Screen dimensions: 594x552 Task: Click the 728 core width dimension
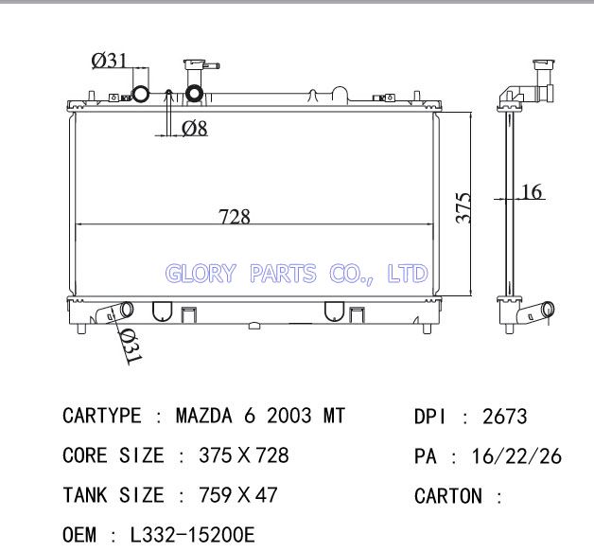[x=235, y=217]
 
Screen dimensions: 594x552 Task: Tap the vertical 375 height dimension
[x=463, y=207]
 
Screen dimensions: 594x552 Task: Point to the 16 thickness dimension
[x=532, y=191]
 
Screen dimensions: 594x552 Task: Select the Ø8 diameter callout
[x=195, y=128]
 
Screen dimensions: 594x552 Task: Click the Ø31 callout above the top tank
[x=110, y=61]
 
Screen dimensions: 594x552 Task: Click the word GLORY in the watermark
[x=201, y=274]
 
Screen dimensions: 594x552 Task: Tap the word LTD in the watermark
[x=408, y=274]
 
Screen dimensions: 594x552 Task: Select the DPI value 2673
[x=504, y=417]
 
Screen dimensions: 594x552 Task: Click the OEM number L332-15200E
[x=192, y=535]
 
